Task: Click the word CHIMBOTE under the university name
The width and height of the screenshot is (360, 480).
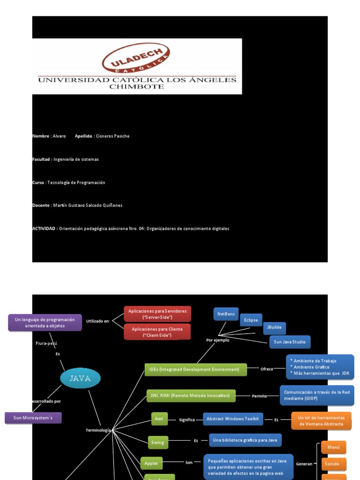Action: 136,87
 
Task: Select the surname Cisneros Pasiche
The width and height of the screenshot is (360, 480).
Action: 112,136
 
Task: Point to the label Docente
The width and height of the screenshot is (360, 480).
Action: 41,205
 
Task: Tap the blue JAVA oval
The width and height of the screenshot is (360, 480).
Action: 80,378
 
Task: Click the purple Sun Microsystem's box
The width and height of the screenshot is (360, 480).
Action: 33,418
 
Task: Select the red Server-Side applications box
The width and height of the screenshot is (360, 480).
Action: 157,314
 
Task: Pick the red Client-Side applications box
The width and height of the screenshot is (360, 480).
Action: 157,332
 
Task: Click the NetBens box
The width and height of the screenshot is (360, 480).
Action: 226,314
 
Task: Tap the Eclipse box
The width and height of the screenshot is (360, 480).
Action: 251,320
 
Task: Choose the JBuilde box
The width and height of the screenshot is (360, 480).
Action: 274,328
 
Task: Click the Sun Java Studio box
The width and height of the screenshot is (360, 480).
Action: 290,342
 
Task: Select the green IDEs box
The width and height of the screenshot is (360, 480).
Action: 195,369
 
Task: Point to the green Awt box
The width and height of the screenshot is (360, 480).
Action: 159,419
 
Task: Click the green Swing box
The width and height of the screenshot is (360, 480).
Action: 157,442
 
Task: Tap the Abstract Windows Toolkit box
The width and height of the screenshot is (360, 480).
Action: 233,419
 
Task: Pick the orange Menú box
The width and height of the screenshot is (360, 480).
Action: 334,447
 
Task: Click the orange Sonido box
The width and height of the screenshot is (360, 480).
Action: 334,464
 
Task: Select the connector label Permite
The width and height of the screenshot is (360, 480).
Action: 259,396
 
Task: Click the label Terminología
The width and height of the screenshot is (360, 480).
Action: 98,430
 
